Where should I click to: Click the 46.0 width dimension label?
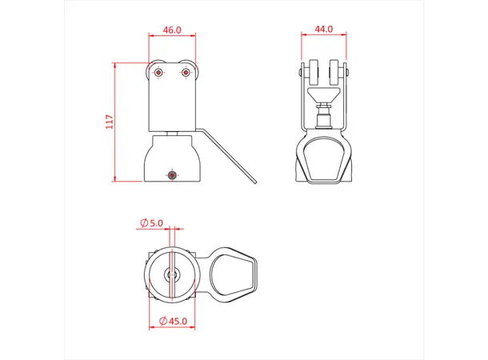(172, 30)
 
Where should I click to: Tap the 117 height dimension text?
(110, 122)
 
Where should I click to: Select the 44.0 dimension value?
(323, 29)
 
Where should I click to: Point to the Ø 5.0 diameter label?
(151, 222)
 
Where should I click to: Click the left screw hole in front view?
(159, 73)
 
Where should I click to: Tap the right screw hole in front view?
(186, 73)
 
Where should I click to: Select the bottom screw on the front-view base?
(171, 174)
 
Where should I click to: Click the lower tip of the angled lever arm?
(254, 182)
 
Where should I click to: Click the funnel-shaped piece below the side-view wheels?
(324, 101)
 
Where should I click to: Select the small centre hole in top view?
(171, 274)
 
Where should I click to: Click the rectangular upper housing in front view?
(172, 100)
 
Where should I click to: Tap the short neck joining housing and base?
(172, 133)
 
